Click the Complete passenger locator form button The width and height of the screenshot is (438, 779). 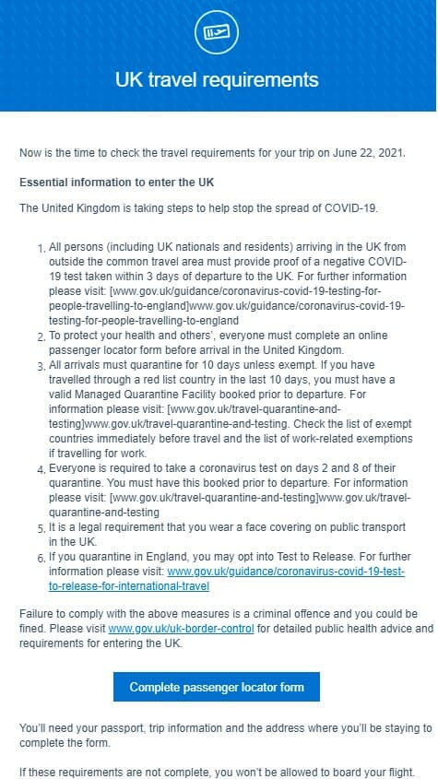click(x=217, y=687)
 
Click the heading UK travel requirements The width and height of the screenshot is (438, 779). click(x=217, y=80)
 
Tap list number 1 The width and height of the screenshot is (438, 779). click(x=41, y=248)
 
